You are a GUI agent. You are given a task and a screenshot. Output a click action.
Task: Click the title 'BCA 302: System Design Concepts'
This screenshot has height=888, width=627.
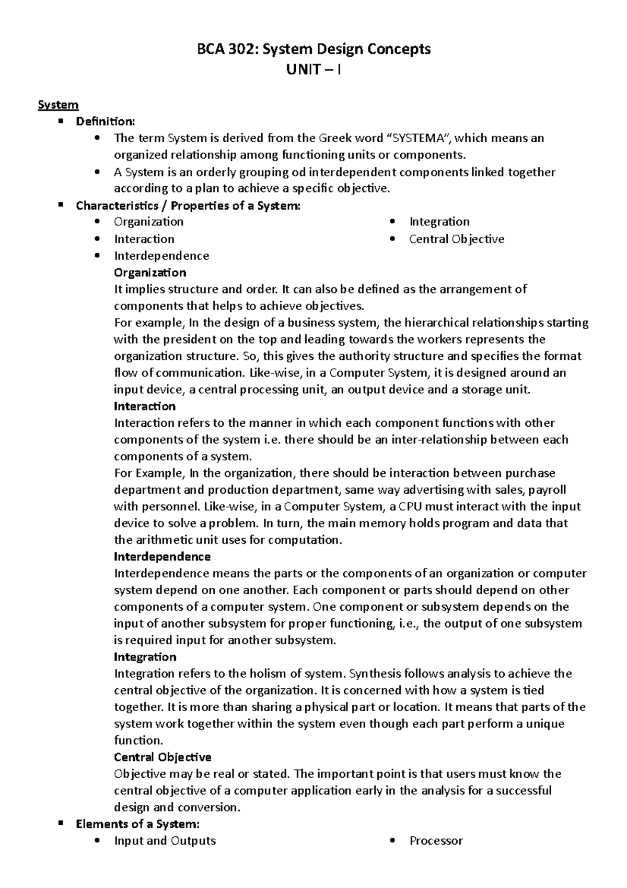[x=313, y=49]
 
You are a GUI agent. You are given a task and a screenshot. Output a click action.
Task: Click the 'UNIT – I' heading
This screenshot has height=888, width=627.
[x=313, y=70]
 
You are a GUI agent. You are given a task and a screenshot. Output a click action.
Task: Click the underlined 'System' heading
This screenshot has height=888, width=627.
[x=58, y=105]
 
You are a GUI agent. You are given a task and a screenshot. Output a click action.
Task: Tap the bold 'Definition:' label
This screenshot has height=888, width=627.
[x=105, y=121]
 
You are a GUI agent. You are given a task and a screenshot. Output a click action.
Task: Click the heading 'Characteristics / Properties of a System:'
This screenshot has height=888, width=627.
[x=188, y=206]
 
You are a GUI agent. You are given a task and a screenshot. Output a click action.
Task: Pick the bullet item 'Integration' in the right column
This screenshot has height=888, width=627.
[x=439, y=222]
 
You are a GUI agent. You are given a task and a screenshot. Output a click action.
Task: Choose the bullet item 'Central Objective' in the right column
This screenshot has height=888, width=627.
[x=456, y=239]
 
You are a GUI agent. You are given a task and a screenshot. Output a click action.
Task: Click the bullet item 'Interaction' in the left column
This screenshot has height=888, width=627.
[x=144, y=239]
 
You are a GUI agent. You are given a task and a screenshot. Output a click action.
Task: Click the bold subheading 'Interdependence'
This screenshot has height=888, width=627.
[x=162, y=556]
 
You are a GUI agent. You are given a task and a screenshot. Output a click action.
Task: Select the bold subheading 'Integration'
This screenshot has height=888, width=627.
[x=145, y=657]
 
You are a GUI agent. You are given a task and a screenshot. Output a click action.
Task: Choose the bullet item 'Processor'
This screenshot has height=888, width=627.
[x=436, y=841]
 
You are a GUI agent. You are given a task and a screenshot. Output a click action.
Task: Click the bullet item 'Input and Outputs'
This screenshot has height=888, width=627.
[x=165, y=841]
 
